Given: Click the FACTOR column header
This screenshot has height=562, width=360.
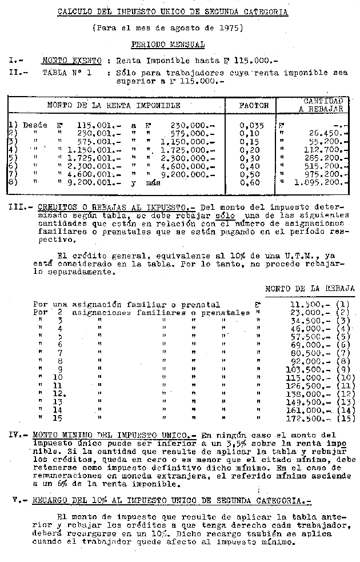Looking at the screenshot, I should [254, 106].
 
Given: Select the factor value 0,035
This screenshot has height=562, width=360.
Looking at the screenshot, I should [251, 125].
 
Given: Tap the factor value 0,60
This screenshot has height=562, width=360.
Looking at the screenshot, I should [250, 183].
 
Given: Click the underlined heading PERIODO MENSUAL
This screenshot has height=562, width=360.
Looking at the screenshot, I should [167, 44].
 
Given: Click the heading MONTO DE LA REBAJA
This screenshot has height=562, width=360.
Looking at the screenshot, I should [310, 289].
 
